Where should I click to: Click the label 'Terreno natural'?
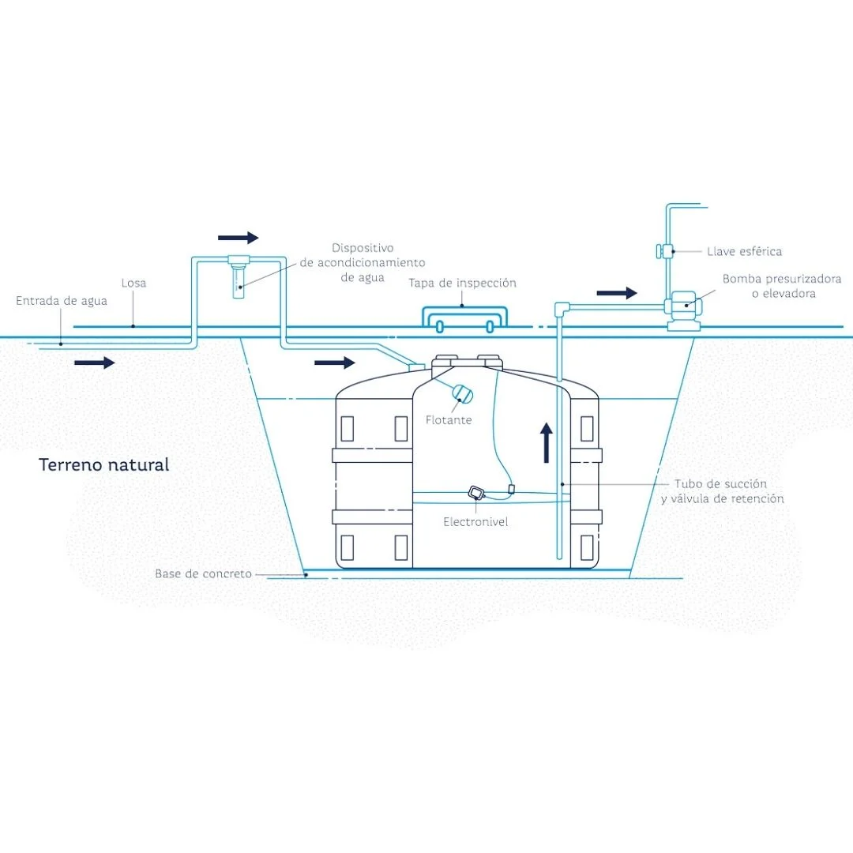[104, 464]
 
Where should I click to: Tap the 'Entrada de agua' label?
[62, 301]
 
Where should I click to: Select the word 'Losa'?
[133, 283]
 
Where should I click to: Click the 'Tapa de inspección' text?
[462, 283]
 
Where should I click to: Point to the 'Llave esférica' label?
[744, 251]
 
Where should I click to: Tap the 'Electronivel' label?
[475, 522]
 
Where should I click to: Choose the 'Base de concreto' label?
[203, 573]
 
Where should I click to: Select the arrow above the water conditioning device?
[238, 238]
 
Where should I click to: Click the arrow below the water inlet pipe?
[95, 363]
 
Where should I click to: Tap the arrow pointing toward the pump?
[616, 293]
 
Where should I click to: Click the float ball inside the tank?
[460, 393]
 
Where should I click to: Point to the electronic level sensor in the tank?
[476, 493]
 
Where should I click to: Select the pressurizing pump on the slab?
[681, 308]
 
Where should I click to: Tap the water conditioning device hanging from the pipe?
[238, 276]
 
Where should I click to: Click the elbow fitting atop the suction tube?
[562, 306]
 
